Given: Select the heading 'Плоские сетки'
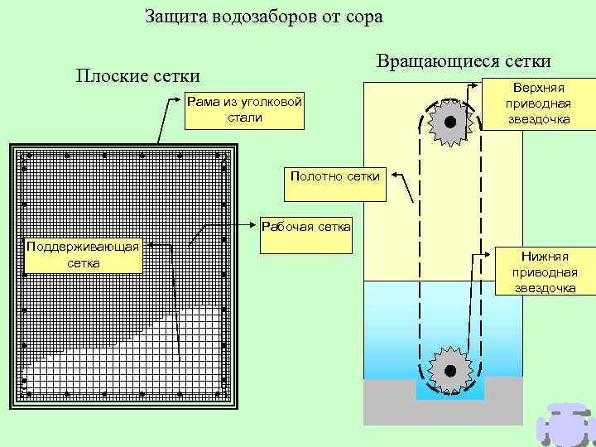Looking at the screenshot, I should pos(138,76).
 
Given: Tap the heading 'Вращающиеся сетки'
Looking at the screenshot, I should pos(463,62).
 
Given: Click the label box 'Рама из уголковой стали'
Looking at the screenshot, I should pos(244,109).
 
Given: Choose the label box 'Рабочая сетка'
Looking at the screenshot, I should pos(306,226).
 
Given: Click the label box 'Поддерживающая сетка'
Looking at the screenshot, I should pos(84,255).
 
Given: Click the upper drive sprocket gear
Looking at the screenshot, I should pos(449,123).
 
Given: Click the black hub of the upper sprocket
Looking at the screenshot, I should pos(449,123).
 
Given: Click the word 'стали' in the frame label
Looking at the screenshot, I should pos(244,118).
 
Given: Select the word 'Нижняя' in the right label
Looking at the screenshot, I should pos(544,257).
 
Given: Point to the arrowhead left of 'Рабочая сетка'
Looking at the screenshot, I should pos(254,223).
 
